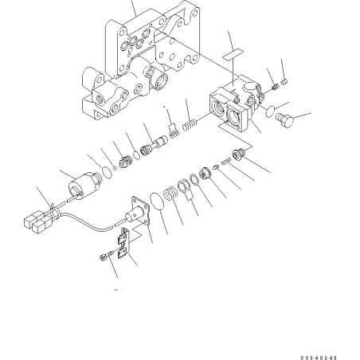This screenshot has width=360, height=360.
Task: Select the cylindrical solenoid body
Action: pyautogui.click(x=84, y=184)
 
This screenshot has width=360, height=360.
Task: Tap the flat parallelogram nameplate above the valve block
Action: pyautogui.click(x=233, y=53)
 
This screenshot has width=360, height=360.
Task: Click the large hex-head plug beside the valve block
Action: pyautogui.click(x=284, y=119)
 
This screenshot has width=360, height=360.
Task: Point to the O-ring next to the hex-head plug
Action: pyautogui.click(x=270, y=111)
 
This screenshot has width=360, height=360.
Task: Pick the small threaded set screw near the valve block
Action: pyautogui.click(x=276, y=87)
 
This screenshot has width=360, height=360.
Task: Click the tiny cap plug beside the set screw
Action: pyautogui.click(x=284, y=81)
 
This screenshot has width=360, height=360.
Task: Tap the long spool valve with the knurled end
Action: pyautogui.click(x=154, y=147)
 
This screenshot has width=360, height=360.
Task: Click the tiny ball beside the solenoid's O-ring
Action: pyautogui.click(x=115, y=167)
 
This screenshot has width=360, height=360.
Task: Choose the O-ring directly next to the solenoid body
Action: pyautogui.click(x=108, y=173)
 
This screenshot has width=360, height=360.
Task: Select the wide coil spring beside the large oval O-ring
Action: pyautogui.click(x=170, y=194)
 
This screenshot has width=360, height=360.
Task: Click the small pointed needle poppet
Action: pyautogui.click(x=216, y=166)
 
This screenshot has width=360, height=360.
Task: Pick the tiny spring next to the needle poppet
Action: pyautogui.click(x=225, y=161)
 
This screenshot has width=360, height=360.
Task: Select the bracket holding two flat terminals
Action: pyautogui.click(x=123, y=242)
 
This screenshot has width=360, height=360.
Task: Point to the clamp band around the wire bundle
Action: pyautogui.click(x=53, y=210)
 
